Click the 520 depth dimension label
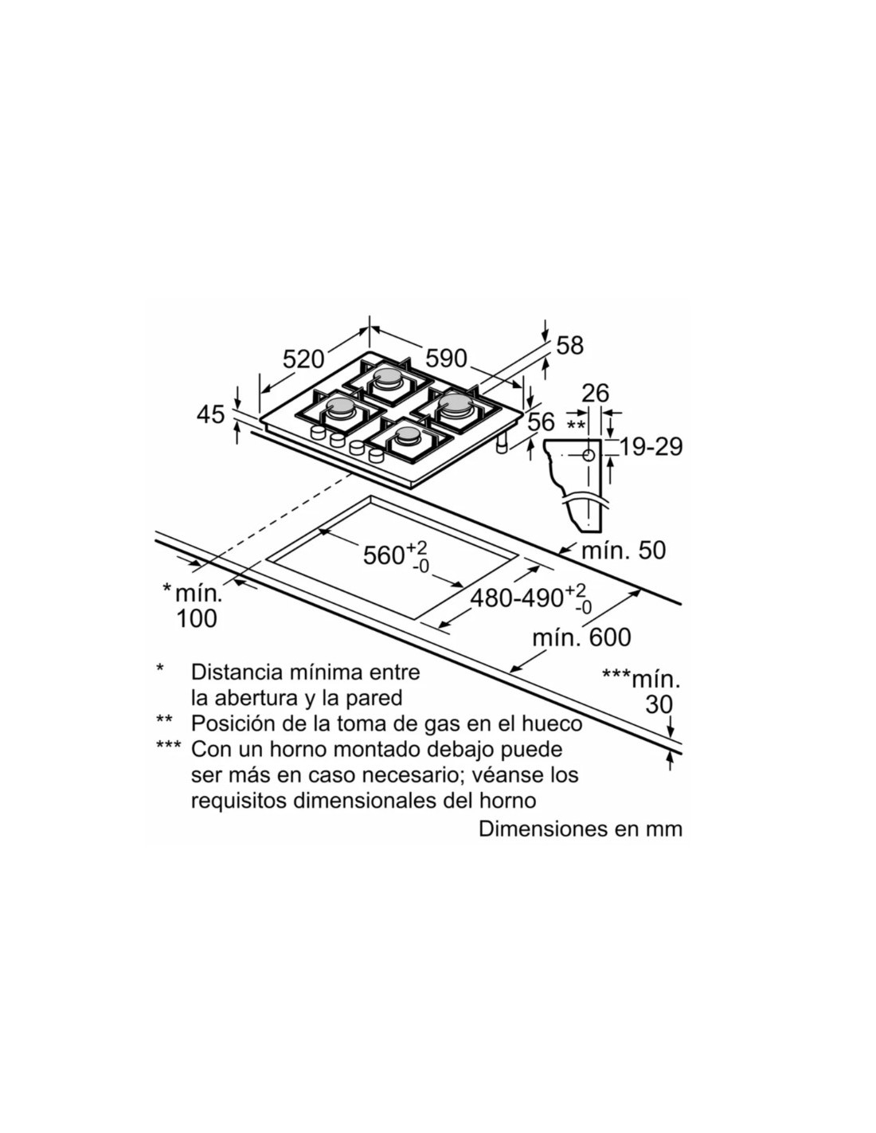point(303,359)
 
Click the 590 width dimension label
point(446,359)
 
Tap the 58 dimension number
point(569,345)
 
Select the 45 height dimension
point(210,414)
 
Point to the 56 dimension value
point(541,423)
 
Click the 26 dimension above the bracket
point(595,393)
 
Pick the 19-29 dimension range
point(651,447)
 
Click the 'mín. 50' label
point(624,550)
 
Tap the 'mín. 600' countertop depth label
point(581,637)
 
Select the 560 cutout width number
point(384,555)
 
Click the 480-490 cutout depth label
point(517,598)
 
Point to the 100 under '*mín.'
point(196,618)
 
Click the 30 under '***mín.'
point(659,704)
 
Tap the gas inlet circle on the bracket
point(588,456)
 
